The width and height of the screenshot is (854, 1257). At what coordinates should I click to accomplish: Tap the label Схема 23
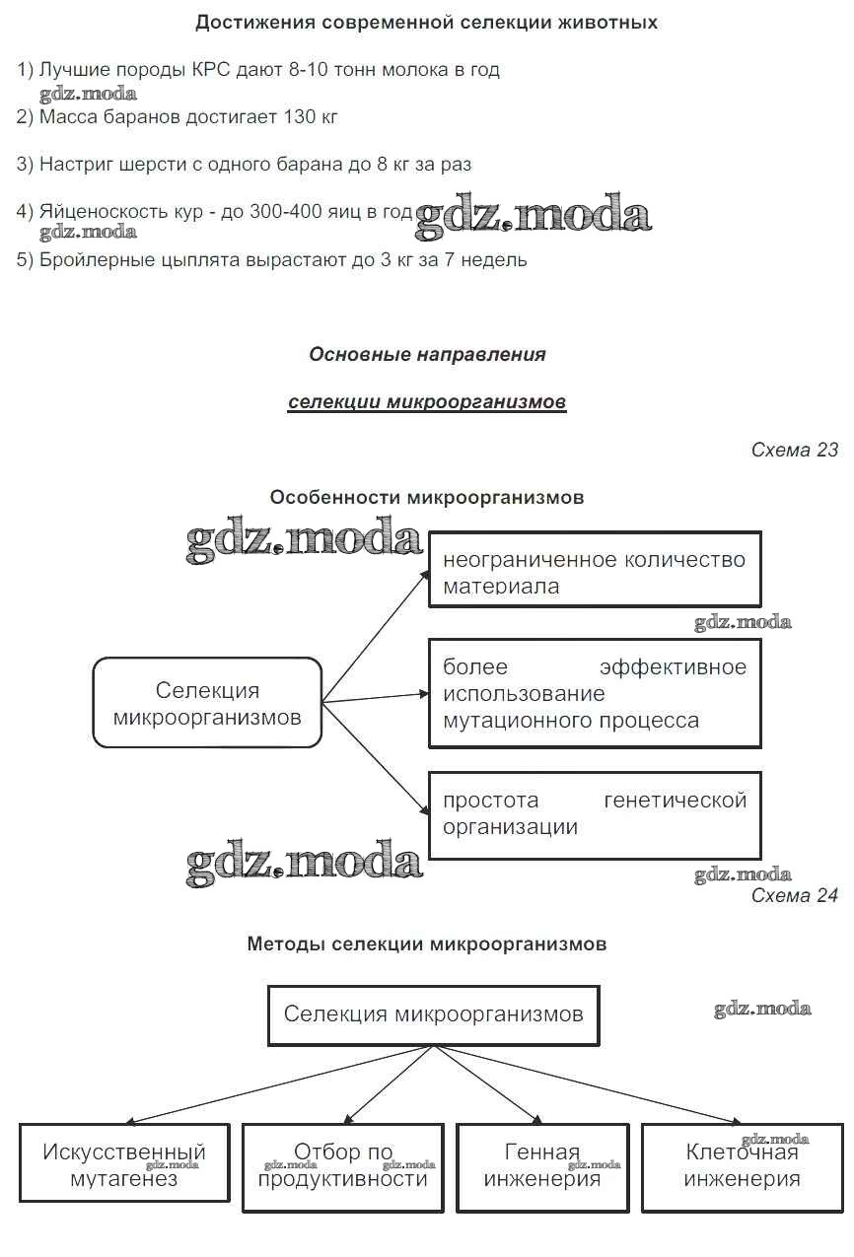(x=794, y=450)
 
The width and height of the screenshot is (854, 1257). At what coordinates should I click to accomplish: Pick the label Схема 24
(x=794, y=895)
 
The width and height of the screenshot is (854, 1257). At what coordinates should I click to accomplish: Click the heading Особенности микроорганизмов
(x=427, y=498)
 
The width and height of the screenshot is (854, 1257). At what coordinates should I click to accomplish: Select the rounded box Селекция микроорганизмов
(x=207, y=703)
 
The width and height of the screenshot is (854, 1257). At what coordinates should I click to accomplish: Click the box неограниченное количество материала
(x=594, y=571)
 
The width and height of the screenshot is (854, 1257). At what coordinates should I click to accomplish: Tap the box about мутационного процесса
(x=594, y=693)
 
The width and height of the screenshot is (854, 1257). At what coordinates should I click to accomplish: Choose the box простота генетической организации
(x=594, y=813)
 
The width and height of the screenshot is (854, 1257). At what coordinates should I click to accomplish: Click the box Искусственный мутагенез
(x=124, y=1163)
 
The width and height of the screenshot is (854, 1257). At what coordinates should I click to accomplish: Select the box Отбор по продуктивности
(x=343, y=1163)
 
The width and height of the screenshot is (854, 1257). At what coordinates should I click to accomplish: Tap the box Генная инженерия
(x=542, y=1163)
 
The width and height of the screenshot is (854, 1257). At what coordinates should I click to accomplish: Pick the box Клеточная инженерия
(x=742, y=1163)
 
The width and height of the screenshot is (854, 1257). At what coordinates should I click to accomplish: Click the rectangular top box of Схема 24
(x=433, y=1013)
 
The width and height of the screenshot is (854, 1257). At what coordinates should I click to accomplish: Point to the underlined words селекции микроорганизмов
(x=427, y=402)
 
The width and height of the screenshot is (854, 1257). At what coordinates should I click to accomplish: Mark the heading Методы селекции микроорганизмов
(x=427, y=943)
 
